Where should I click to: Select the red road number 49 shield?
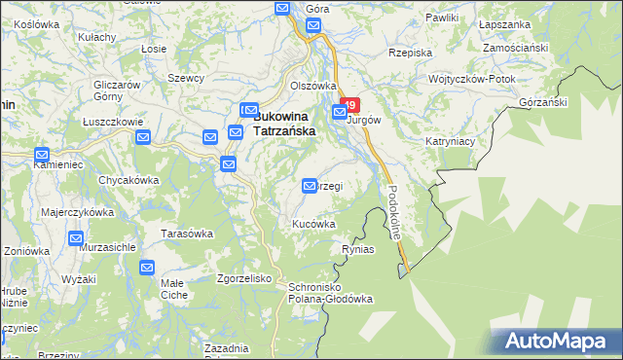click(x=351, y=103)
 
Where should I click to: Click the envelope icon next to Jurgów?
click(x=340, y=113)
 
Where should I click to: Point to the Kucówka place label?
click(x=314, y=224)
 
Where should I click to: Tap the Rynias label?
click(x=358, y=249)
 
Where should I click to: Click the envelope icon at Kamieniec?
click(x=41, y=155)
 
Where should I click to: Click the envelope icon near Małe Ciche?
click(x=147, y=268)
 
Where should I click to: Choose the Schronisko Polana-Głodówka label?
click(x=325, y=293)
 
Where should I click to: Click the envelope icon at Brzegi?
click(x=311, y=185)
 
